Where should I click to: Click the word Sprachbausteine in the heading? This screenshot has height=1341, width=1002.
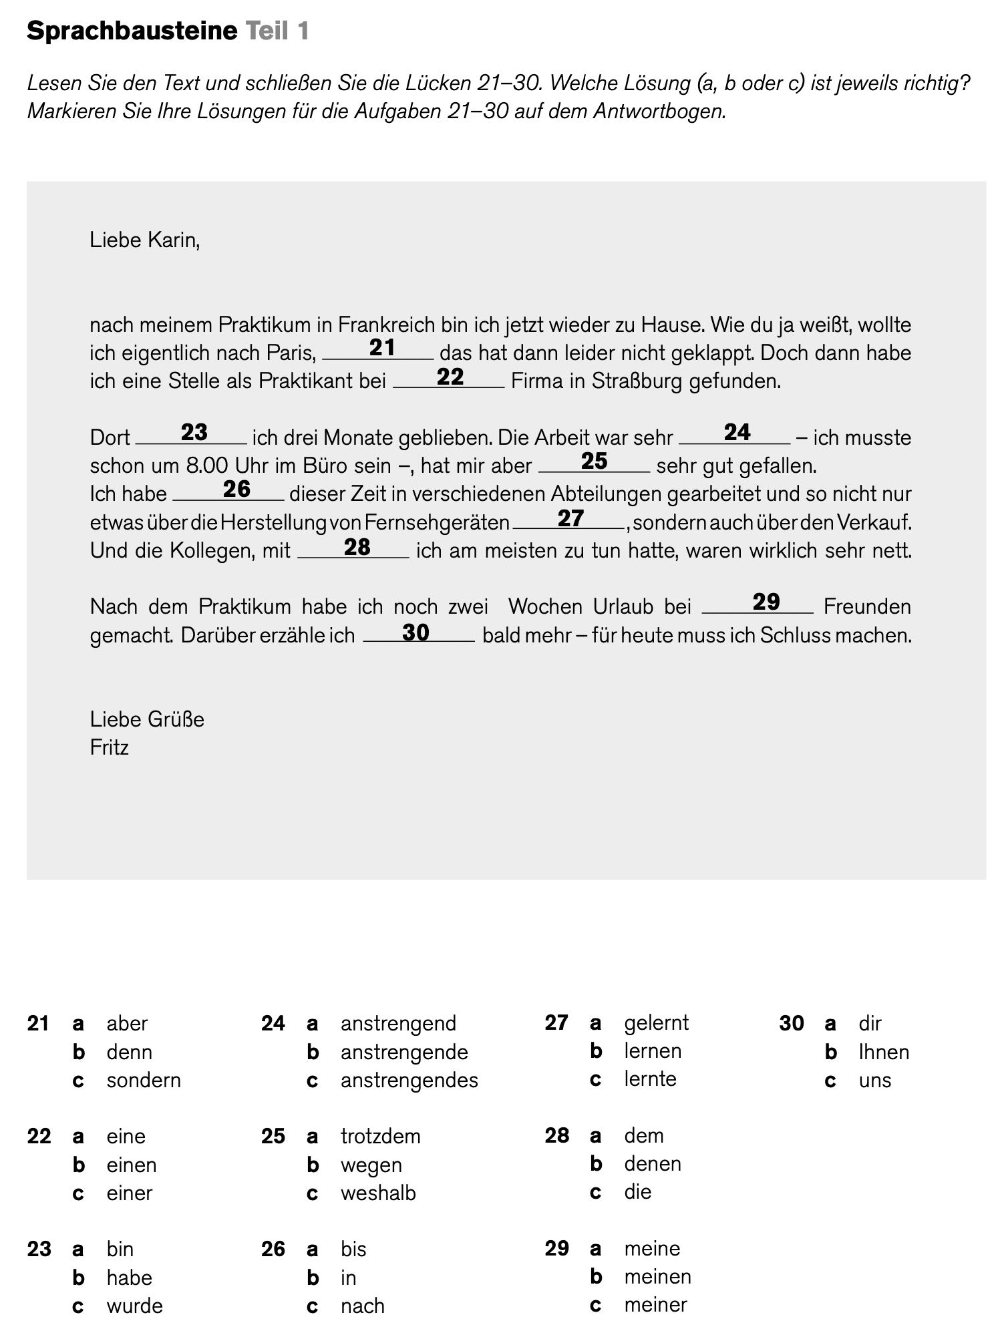(132, 31)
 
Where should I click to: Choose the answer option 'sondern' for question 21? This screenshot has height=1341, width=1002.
(143, 1080)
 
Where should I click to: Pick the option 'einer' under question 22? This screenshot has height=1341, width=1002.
(129, 1193)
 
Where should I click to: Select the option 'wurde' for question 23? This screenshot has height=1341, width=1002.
(134, 1306)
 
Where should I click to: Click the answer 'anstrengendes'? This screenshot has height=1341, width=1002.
(409, 1080)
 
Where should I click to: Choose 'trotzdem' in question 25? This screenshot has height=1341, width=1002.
(380, 1136)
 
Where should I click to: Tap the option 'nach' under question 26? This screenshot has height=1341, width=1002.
(362, 1306)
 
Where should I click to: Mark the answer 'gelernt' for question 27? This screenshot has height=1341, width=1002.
(656, 1022)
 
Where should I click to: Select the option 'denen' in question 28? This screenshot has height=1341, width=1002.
(652, 1163)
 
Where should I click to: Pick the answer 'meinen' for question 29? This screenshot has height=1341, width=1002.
(657, 1276)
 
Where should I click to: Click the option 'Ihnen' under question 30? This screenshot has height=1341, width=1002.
(884, 1052)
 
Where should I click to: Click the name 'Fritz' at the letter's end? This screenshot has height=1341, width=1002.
(109, 747)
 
